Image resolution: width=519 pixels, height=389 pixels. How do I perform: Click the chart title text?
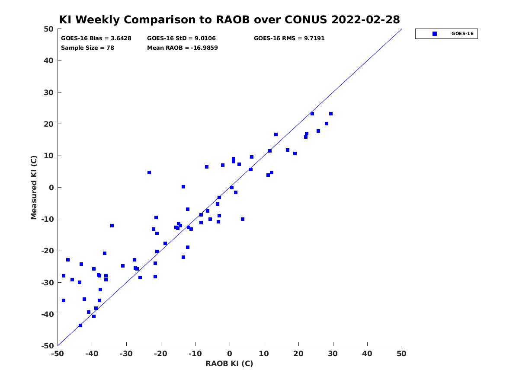pyautogui.click(x=229, y=19)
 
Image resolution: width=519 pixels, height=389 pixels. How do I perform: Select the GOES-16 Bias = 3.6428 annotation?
pyautogui.click(x=96, y=38)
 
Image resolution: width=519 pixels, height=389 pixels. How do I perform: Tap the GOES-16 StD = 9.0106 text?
pyautogui.click(x=181, y=38)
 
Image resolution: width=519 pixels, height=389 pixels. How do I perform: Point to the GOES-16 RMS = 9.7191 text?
pyautogui.click(x=289, y=38)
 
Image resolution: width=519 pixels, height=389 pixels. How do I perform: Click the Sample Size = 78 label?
pyautogui.click(x=87, y=48)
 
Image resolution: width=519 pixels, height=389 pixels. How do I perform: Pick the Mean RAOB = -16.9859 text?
pyautogui.click(x=183, y=48)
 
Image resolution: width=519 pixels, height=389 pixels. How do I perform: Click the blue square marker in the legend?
pyautogui.click(x=435, y=34)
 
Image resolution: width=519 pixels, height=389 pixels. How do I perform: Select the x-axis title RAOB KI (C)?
pyautogui.click(x=229, y=363)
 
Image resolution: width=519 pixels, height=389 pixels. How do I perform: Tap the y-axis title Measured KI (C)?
pyautogui.click(x=34, y=187)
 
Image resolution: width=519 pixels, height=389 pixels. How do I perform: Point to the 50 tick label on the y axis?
pyautogui.click(x=48, y=29)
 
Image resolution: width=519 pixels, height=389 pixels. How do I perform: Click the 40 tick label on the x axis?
pyautogui.click(x=367, y=354)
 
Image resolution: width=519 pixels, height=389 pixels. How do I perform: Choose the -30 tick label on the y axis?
pyautogui.click(x=48, y=283)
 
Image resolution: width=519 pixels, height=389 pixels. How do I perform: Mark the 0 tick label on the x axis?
pyautogui.click(x=230, y=354)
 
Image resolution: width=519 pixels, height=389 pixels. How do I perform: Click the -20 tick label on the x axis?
pyautogui.click(x=160, y=354)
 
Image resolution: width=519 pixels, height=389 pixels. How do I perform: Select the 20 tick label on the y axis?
pyautogui.click(x=48, y=124)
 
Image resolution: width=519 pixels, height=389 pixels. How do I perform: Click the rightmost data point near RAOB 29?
pyautogui.click(x=330, y=114)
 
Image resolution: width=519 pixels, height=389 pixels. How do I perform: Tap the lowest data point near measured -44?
pyautogui.click(x=80, y=325)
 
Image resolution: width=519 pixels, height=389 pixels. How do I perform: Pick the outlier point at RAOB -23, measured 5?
pyautogui.click(x=149, y=172)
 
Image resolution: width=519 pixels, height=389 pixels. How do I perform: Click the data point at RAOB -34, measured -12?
pyautogui.click(x=112, y=226)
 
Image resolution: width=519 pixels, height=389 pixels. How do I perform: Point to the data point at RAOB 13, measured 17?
pyautogui.click(x=276, y=134)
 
